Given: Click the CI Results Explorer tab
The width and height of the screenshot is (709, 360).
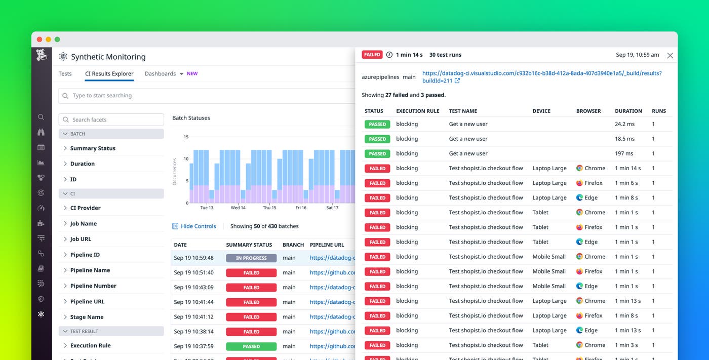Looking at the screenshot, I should pyautogui.click(x=109, y=73).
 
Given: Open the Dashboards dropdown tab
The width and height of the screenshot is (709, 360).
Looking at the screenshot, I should pyautogui.click(x=164, y=73).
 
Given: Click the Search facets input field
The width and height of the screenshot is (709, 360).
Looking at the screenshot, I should pyautogui.click(x=111, y=119).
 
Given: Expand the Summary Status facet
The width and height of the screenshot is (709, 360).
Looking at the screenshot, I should pyautogui.click(x=92, y=148).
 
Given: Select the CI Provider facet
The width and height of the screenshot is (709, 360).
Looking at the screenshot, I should pyautogui.click(x=85, y=208).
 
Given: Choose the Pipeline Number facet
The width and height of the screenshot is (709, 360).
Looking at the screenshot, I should pyautogui.click(x=93, y=286).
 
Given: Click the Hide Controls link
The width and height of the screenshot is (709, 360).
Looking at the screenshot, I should pyautogui.click(x=198, y=226).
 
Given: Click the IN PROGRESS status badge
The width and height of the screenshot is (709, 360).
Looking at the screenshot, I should pyautogui.click(x=251, y=258).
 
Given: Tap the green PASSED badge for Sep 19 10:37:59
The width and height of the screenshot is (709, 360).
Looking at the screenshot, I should pyautogui.click(x=251, y=346).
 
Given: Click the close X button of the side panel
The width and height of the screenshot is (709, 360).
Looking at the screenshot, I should pyautogui.click(x=670, y=55).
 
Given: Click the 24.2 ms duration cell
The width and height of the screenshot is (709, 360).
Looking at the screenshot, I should pyautogui.click(x=624, y=124).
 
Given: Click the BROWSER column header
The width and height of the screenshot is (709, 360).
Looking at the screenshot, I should pyautogui.click(x=588, y=111).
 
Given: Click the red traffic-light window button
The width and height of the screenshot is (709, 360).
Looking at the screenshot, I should pyautogui.click(x=40, y=39).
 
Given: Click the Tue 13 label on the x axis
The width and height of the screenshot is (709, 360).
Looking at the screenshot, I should pyautogui.click(x=207, y=208).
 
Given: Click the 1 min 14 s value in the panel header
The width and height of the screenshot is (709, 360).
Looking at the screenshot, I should pyautogui.click(x=409, y=55).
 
